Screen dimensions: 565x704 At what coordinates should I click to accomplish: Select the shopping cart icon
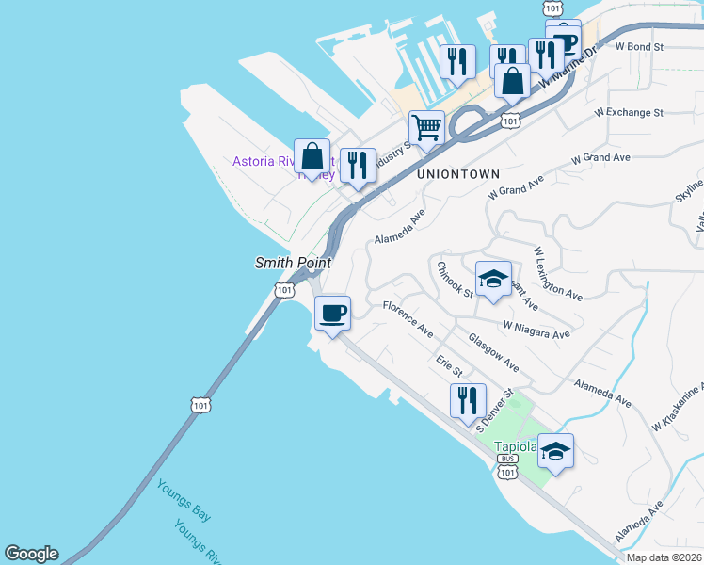click(427, 127)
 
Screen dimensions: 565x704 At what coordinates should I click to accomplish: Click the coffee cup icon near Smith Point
click(332, 313)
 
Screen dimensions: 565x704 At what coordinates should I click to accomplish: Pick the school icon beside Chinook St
click(493, 278)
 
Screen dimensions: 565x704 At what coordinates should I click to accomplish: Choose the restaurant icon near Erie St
click(468, 400)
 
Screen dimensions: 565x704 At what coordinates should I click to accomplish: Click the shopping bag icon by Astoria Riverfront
click(312, 156)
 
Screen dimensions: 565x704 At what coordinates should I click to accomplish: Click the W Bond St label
click(640, 45)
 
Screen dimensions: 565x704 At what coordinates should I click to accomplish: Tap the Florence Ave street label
click(408, 319)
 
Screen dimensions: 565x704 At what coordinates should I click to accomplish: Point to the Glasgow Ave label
click(493, 351)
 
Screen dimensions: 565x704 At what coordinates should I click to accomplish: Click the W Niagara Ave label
click(536, 329)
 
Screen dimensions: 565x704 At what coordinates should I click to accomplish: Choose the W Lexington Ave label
click(558, 274)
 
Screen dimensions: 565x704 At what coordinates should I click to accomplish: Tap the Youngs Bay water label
click(184, 500)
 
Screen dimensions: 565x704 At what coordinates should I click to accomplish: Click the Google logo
click(31, 554)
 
